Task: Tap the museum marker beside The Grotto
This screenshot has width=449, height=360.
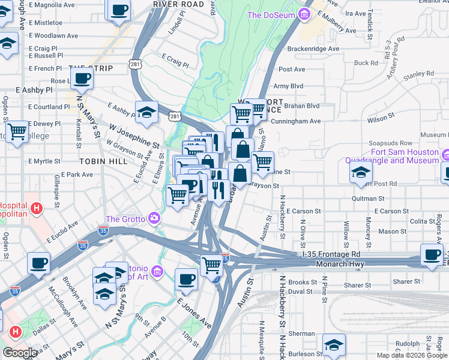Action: (x=155, y=217)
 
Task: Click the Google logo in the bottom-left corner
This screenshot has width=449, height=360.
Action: (x=20, y=352)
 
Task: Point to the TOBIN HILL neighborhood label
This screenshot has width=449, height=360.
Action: (x=95, y=162)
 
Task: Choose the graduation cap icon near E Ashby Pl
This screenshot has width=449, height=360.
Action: (x=146, y=111)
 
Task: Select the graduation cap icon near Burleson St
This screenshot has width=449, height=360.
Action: (x=334, y=344)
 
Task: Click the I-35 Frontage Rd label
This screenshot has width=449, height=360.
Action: (x=331, y=254)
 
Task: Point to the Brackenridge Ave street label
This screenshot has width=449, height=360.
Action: (x=313, y=49)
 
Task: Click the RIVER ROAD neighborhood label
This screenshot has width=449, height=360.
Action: (x=179, y=4)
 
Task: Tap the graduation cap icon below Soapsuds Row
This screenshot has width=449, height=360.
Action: (x=361, y=172)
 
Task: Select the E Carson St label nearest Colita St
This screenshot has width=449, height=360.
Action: (x=391, y=211)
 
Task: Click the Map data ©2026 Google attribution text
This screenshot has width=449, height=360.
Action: (x=411, y=355)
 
